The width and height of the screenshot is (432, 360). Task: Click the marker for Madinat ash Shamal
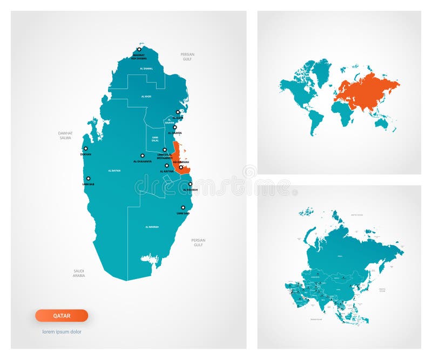click(139, 49)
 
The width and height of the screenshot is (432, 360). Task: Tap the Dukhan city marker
click(85, 148)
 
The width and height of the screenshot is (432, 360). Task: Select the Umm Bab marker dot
click(89, 179)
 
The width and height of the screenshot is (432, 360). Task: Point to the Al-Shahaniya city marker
click(143, 155)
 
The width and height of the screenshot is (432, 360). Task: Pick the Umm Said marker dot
click(183, 207)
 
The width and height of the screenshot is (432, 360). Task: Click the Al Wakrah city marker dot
click(190, 184)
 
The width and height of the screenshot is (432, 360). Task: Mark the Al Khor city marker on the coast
click(178, 112)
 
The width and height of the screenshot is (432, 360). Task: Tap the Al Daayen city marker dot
click(174, 127)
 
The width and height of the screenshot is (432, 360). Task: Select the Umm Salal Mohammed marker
click(165, 150)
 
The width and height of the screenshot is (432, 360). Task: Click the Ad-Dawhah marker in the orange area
click(181, 167)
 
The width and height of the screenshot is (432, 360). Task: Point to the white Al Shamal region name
click(146, 69)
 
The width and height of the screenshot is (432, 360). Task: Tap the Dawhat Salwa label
click(65, 135)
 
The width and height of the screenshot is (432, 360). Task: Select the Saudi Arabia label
click(79, 273)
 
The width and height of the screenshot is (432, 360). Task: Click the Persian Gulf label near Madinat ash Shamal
click(187, 56)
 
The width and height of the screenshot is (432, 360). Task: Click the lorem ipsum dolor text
click(62, 331)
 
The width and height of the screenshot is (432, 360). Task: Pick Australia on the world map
click(382, 124)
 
